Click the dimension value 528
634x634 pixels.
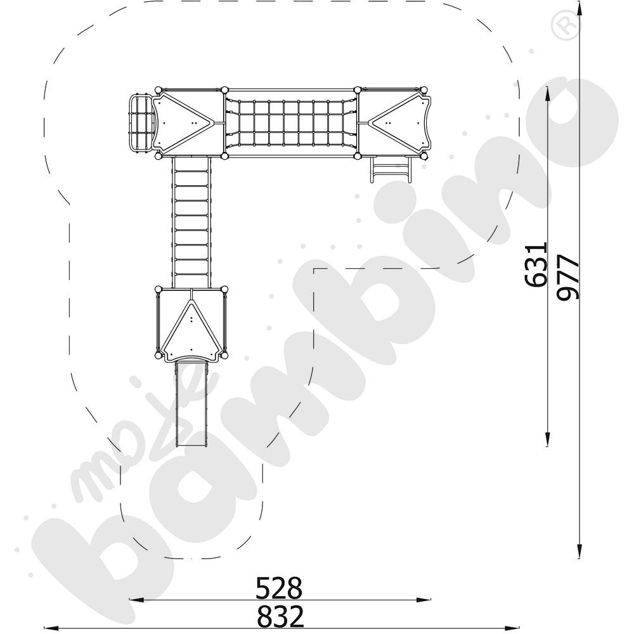click(279, 588)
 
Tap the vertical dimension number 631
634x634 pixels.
click(537, 264)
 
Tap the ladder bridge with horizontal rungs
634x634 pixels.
click(191, 222)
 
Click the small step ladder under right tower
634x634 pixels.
click(389, 169)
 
